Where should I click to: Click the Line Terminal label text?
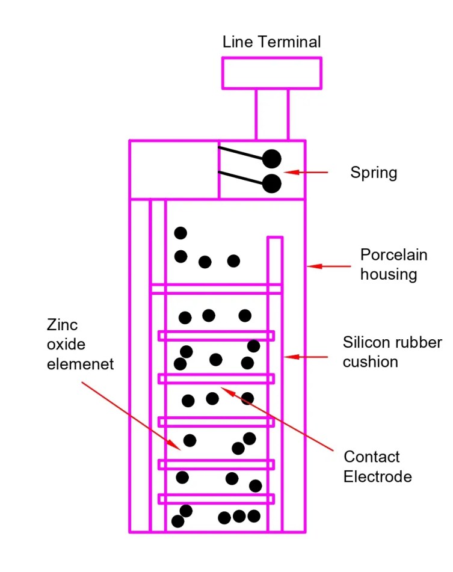[x=271, y=42]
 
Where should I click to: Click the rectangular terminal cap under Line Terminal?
[x=271, y=73]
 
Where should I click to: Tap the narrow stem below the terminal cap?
[x=271, y=114]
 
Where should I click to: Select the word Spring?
[x=374, y=173]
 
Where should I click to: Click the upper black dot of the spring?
[x=272, y=159]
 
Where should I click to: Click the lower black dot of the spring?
[x=272, y=183]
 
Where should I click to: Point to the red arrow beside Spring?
[x=306, y=173]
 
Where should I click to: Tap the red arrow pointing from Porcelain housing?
[x=328, y=265]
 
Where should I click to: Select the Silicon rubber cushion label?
[x=392, y=352]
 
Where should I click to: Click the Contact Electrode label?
[x=377, y=467]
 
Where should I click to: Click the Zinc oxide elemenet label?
[x=79, y=345]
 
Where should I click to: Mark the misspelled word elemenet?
[x=80, y=364]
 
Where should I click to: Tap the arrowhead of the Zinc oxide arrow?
[x=176, y=447]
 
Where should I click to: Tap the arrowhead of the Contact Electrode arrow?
[x=225, y=390]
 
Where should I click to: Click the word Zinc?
[x=63, y=325]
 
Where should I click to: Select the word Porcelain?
[x=393, y=255]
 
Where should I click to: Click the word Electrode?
[x=377, y=477]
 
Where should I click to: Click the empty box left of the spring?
[x=174, y=170]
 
